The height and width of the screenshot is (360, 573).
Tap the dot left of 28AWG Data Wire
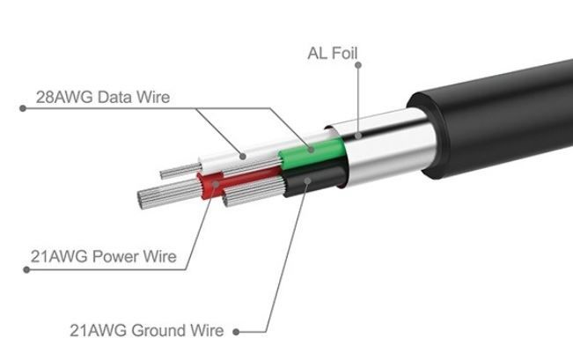(x=21, y=108)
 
